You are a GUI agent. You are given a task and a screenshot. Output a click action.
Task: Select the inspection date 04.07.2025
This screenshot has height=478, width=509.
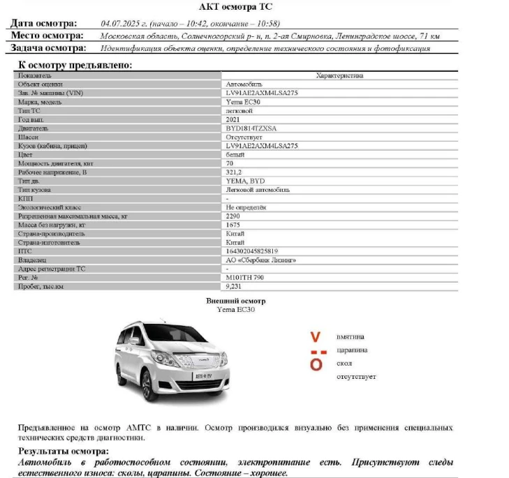click(x=121, y=23)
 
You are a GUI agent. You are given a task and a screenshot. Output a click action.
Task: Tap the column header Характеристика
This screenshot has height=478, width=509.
click(x=339, y=75)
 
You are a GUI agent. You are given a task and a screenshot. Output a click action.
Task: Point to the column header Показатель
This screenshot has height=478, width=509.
click(x=35, y=75)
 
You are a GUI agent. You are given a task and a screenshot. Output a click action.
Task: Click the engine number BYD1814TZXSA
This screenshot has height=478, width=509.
click(x=251, y=128)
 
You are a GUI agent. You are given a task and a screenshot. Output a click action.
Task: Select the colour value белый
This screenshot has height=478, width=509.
click(x=235, y=154)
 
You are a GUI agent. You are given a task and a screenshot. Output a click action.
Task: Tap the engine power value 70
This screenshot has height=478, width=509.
click(x=230, y=163)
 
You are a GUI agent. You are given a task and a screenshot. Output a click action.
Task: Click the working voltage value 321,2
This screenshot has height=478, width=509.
click(x=234, y=172)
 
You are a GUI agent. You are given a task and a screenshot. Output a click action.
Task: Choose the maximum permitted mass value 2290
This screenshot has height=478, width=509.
click(x=233, y=216)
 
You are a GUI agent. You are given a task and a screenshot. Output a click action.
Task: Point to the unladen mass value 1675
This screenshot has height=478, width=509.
click(x=233, y=225)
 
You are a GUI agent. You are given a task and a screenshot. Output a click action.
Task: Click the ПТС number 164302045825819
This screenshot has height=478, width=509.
click(x=252, y=251)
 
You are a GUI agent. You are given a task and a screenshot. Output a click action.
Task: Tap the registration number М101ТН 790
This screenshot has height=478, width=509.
click(x=246, y=277)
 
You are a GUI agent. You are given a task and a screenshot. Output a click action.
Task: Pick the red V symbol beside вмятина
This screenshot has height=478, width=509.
click(x=316, y=337)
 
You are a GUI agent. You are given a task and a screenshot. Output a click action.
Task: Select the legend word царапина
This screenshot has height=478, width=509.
click(x=352, y=350)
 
